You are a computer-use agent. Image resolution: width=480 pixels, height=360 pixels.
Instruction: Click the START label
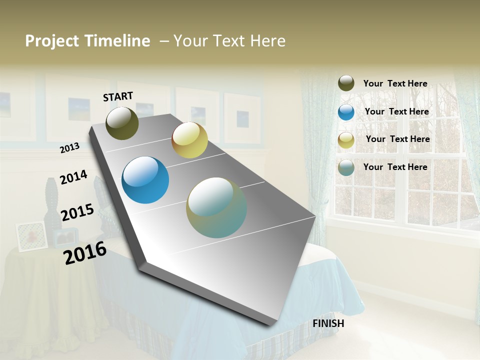(x=118, y=96)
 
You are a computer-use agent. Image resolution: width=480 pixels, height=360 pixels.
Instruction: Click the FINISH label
(x=328, y=323)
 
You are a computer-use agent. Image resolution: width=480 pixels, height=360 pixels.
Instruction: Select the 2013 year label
(x=69, y=148)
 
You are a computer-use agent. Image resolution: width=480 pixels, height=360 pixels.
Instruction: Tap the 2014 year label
(x=73, y=177)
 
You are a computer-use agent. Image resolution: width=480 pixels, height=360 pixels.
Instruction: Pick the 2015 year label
(x=77, y=212)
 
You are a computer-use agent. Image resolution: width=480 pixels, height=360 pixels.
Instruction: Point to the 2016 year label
(x=85, y=252)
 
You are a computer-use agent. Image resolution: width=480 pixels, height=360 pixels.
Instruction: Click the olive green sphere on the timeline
(x=122, y=123)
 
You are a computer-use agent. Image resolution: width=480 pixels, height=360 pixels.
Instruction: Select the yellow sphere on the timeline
(x=189, y=140)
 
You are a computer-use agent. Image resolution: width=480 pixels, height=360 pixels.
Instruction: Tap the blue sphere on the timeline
(x=145, y=180)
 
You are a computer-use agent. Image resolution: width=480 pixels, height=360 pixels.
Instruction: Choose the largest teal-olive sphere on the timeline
(x=216, y=207)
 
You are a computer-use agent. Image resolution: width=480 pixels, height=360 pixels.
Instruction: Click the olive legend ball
(x=346, y=83)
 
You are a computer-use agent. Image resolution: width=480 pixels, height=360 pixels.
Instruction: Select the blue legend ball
(x=346, y=112)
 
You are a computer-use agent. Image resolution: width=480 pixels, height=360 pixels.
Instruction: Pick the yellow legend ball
(x=346, y=140)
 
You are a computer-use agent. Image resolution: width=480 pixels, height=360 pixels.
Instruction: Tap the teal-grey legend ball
(x=346, y=167)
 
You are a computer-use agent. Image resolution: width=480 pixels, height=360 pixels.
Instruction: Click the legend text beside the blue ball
(x=397, y=111)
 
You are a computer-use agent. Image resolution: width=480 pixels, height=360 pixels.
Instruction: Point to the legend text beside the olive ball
(x=395, y=83)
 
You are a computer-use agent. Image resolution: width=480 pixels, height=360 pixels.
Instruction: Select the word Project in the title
(x=52, y=41)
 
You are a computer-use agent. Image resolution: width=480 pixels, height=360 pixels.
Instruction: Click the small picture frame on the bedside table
(x=31, y=236)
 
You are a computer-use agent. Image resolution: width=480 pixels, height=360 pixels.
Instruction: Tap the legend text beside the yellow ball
(x=398, y=139)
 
